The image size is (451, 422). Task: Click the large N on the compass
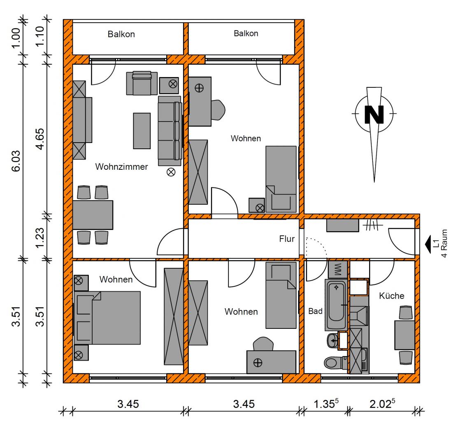pyautogui.click(x=374, y=114)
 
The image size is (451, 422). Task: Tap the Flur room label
pyautogui.click(x=287, y=239)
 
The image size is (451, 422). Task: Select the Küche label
pyautogui.click(x=391, y=295)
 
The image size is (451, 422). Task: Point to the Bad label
pyautogui.click(x=315, y=311)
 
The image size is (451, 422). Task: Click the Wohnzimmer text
pyautogui.click(x=121, y=166)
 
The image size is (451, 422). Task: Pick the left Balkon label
pyautogui.click(x=121, y=34)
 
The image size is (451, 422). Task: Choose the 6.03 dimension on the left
pyautogui.click(x=16, y=161)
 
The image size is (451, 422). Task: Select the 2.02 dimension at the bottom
pyautogui.click(x=382, y=403)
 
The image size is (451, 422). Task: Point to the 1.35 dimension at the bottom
pyautogui.click(x=326, y=403)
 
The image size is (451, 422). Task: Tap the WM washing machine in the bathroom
pyautogui.click(x=338, y=269)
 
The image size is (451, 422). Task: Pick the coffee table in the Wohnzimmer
pyautogui.click(x=142, y=131)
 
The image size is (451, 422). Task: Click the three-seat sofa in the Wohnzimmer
pyautogui.click(x=170, y=131)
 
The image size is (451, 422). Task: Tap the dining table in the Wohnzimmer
pyautogui.click(x=93, y=215)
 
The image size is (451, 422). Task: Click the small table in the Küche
pyautogui.click(x=405, y=335)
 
